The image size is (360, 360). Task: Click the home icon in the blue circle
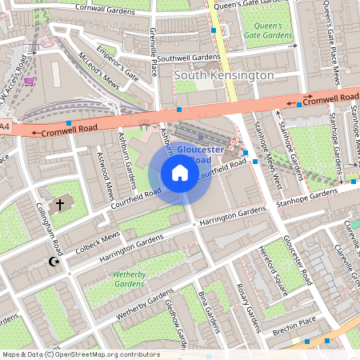180,173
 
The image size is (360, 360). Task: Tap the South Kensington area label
223,74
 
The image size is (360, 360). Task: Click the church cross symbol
59,206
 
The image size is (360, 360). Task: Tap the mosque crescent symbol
54,262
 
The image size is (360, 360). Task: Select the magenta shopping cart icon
30,82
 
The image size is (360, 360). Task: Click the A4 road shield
5,126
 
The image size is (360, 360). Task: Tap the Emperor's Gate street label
116,63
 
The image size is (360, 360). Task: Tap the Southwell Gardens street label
188,58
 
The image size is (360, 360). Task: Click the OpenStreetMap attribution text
81,354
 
